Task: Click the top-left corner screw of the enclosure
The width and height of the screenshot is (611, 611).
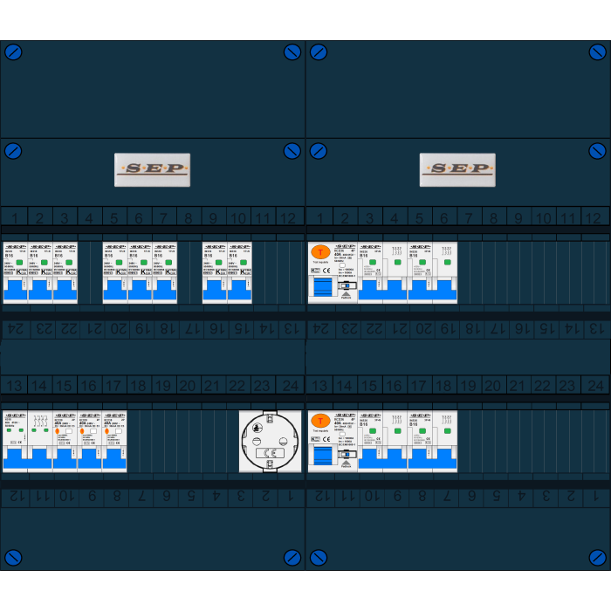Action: pos(13,52)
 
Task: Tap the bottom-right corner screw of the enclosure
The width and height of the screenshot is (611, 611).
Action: pos(598,557)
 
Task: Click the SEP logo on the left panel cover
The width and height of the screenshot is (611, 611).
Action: pos(152,169)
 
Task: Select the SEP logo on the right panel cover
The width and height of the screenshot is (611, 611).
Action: pos(457,169)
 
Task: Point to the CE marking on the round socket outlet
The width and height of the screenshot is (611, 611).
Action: pos(270,453)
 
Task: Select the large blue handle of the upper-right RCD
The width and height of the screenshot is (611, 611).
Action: pos(322,288)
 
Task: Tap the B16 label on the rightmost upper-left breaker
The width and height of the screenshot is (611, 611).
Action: pos(233,256)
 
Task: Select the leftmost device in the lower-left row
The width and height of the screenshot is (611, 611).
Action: pos(15,442)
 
